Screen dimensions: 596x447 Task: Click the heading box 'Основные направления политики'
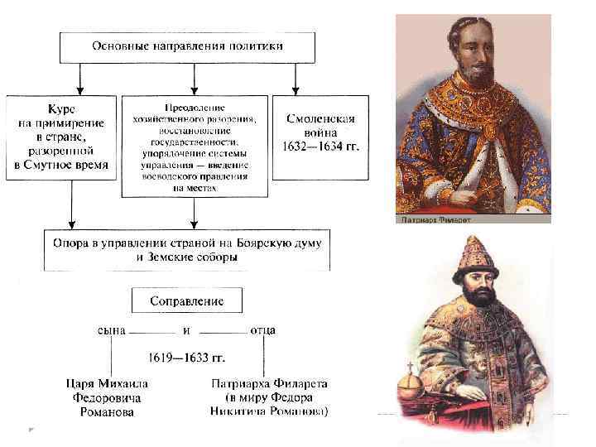187,47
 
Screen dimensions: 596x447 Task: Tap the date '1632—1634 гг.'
320,147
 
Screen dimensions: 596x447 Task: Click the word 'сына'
112,330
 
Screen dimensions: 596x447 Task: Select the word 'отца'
262,330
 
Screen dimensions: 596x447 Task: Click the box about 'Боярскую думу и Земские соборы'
187,248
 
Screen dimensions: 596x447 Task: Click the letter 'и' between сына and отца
187,330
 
